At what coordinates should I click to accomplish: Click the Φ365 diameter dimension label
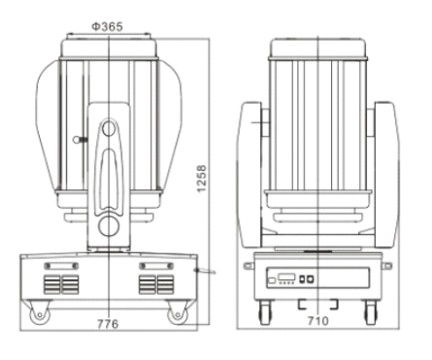(x=107, y=26)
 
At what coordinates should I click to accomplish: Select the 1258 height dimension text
(x=202, y=179)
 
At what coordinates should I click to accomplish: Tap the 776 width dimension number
(x=108, y=324)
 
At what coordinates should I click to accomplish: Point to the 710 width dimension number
(x=317, y=321)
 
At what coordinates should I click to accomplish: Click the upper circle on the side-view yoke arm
(x=109, y=129)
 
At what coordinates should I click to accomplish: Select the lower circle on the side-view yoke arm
(x=109, y=226)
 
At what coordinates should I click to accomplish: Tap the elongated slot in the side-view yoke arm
(x=109, y=180)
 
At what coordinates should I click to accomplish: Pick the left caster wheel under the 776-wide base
(x=40, y=314)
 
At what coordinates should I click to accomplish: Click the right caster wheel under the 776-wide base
(x=178, y=314)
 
